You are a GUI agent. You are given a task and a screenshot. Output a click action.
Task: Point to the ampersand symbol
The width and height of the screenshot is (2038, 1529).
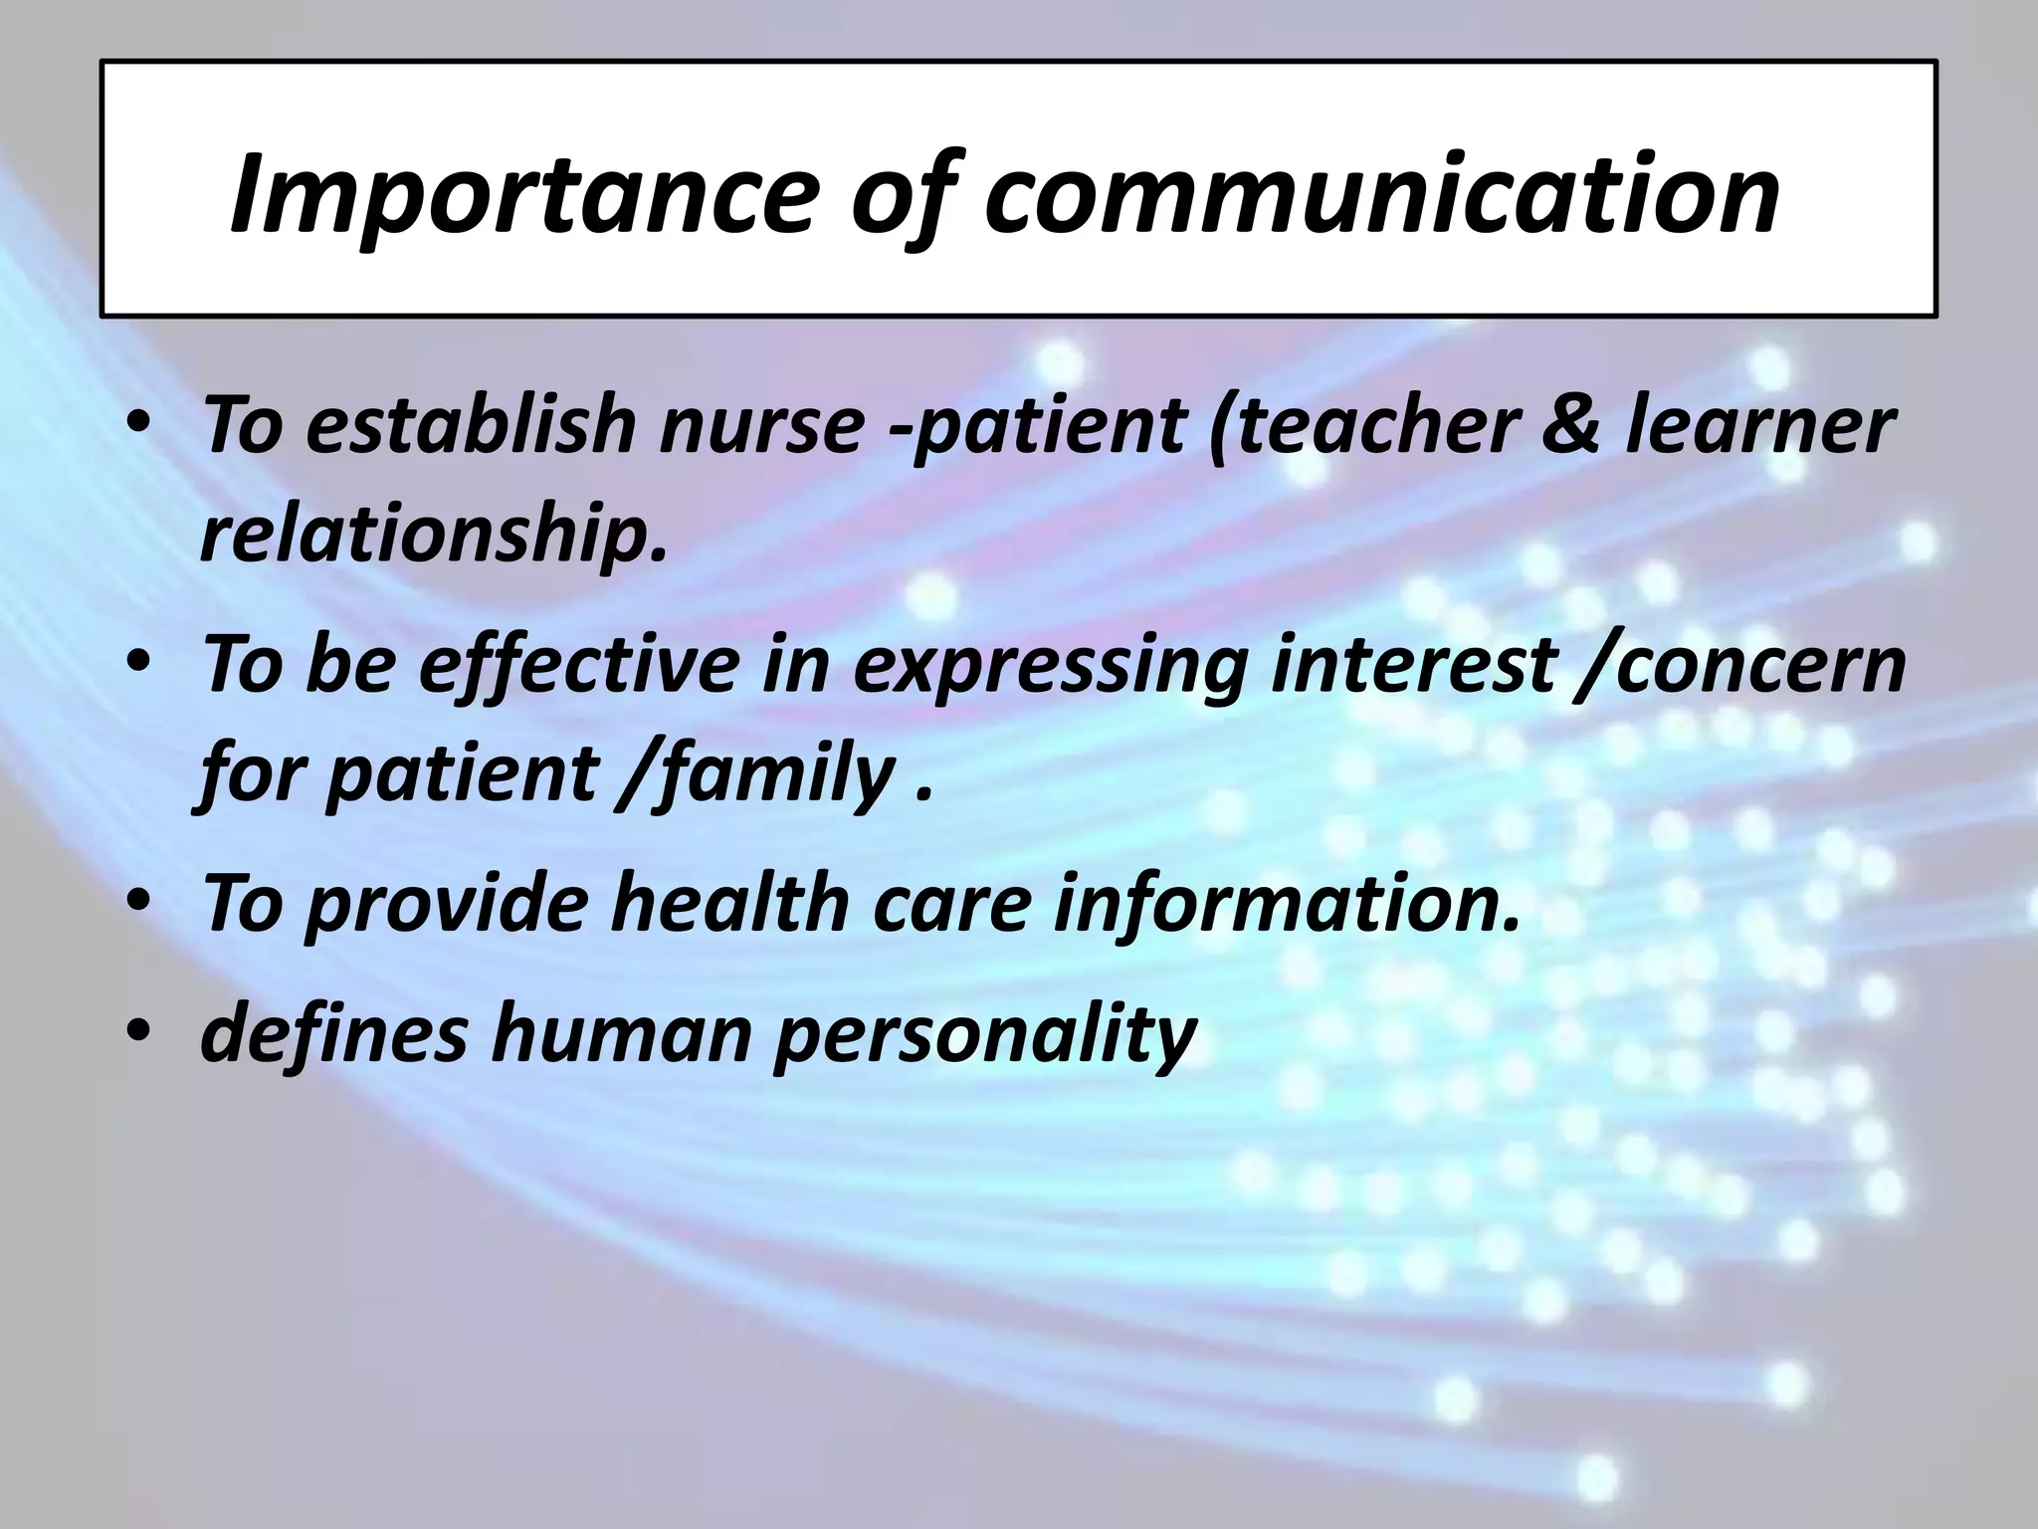click(1570, 425)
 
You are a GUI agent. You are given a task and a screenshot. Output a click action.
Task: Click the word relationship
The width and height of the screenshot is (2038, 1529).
click(433, 534)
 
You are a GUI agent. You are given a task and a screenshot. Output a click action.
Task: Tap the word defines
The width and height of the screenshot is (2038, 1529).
click(333, 1031)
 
